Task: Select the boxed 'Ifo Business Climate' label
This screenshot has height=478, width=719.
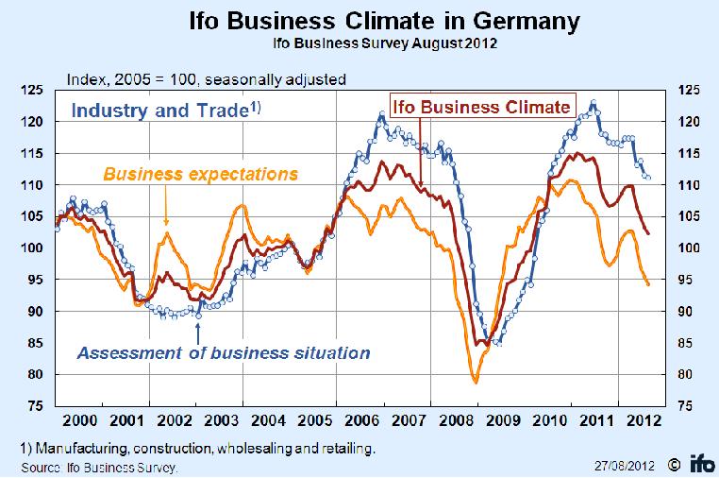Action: point(482,107)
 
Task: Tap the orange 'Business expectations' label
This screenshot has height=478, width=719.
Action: point(200,174)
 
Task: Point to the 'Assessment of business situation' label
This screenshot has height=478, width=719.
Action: point(223,354)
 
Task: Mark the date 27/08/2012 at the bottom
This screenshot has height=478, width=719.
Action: point(624,464)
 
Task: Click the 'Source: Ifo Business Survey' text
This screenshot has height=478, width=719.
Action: point(98,467)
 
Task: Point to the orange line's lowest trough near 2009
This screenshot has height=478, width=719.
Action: point(476,382)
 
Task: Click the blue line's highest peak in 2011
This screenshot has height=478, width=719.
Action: point(593,102)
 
